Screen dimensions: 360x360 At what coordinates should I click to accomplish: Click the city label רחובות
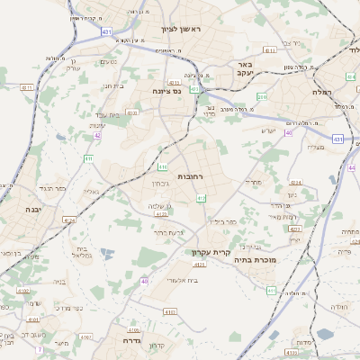193,175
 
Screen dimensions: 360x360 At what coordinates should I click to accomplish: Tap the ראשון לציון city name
184,30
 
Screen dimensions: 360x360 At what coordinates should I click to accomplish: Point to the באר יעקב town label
244,70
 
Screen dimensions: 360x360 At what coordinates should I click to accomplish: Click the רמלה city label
322,92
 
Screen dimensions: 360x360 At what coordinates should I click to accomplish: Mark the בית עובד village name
107,114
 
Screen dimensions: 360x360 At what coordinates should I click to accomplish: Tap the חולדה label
339,308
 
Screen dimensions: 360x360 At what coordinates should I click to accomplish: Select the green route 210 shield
262,96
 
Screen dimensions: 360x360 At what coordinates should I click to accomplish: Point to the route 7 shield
40,349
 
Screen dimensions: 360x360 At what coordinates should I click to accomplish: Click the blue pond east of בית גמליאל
108,255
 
